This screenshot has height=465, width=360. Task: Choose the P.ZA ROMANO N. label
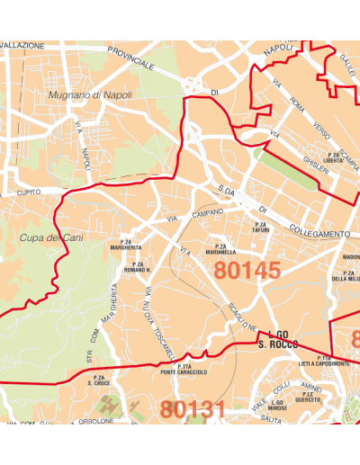click(x=137, y=266)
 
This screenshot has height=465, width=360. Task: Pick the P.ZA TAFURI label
click(x=261, y=227)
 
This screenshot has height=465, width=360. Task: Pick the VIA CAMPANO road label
click(x=194, y=216)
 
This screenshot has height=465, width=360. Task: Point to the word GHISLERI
click(x=316, y=168)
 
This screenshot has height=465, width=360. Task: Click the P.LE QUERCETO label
click(x=308, y=397)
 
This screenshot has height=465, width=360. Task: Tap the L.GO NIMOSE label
click(x=276, y=405)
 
